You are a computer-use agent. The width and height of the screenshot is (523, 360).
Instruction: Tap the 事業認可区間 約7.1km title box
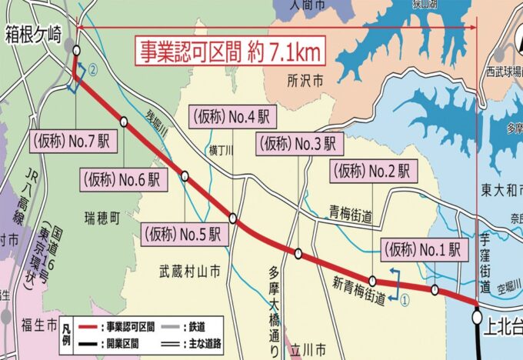pyautogui.click(x=230, y=52)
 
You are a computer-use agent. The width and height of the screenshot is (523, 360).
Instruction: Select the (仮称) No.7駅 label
pyautogui.click(x=68, y=142)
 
